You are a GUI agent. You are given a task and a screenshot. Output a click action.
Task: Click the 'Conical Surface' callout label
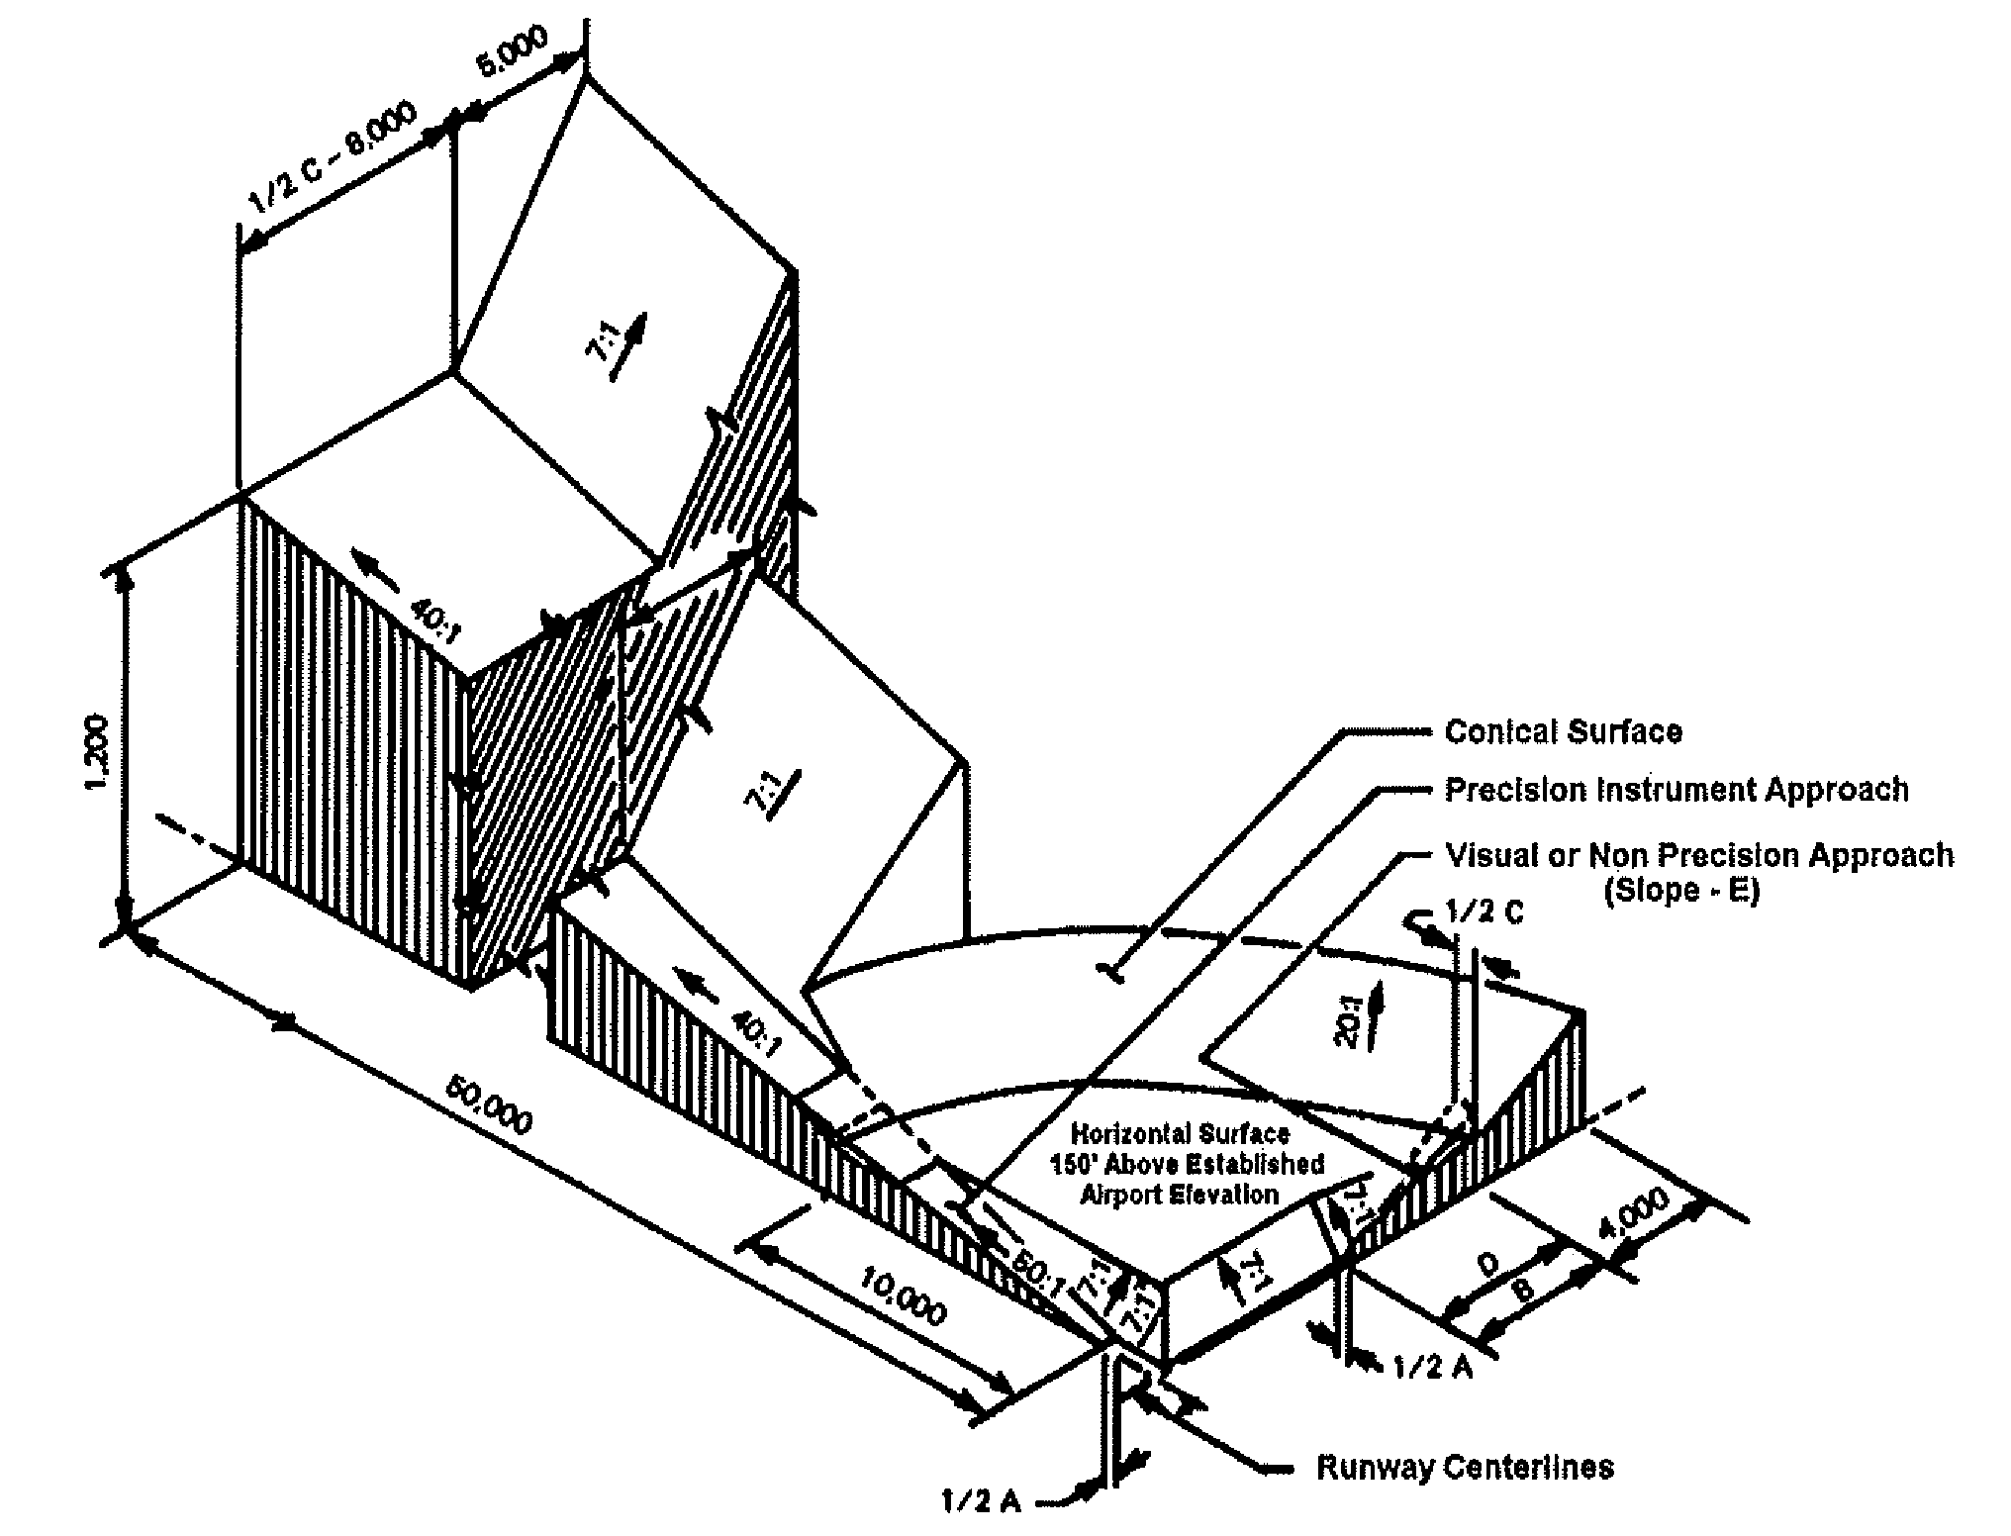pos(1563,731)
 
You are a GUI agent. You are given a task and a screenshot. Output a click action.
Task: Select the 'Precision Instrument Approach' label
pos(1676,790)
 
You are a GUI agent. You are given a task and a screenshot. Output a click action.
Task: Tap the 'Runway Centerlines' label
pos(1465,1467)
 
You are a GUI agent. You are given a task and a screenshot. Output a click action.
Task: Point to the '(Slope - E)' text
pos(1681,891)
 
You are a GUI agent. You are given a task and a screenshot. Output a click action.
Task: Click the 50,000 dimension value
pos(487,1104)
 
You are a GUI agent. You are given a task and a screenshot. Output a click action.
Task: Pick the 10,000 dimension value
pos(903,1296)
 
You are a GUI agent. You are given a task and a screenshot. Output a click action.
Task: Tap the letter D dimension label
pos(1488,1264)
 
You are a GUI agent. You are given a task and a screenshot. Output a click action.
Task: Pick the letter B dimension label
pos(1525,1290)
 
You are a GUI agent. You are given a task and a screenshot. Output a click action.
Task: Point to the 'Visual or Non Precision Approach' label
pos(1699,855)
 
